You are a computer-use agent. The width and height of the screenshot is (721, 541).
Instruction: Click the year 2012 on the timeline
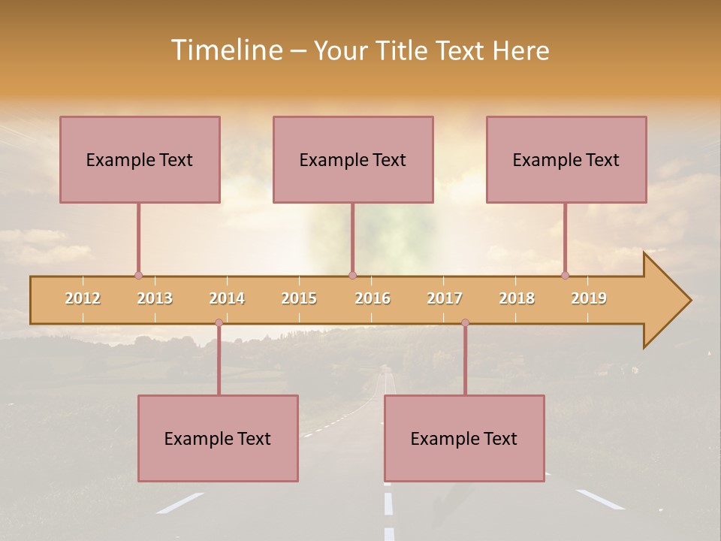[83, 298]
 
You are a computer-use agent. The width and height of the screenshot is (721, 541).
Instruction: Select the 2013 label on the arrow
[155, 298]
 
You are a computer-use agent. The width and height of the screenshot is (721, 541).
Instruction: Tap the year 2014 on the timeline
[227, 298]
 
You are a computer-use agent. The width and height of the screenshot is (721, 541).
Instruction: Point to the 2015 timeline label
[299, 298]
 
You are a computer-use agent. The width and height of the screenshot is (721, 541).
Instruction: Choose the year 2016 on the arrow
[373, 298]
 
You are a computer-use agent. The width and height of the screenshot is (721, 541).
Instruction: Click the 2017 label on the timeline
[445, 298]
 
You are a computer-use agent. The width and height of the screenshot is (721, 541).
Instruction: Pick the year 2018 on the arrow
[517, 298]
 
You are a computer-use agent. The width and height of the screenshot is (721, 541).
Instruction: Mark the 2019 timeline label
[589, 298]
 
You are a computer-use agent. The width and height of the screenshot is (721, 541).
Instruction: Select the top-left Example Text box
[140, 159]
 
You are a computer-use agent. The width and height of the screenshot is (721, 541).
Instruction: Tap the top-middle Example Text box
[353, 159]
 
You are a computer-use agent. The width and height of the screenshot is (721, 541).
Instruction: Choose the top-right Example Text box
[566, 159]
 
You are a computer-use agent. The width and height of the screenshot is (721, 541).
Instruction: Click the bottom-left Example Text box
[218, 438]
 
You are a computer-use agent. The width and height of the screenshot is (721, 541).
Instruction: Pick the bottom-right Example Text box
[464, 438]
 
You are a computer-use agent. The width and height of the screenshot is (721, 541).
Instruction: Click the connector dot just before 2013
[138, 275]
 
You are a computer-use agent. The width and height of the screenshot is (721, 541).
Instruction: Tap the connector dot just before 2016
[352, 275]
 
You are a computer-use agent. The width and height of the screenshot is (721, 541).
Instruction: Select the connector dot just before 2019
[565, 275]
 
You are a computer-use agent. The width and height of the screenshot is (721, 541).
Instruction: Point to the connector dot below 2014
[219, 322]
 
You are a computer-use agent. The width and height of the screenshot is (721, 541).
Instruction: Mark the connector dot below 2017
[465, 322]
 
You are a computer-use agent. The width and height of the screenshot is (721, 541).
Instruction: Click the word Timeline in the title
[226, 50]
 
